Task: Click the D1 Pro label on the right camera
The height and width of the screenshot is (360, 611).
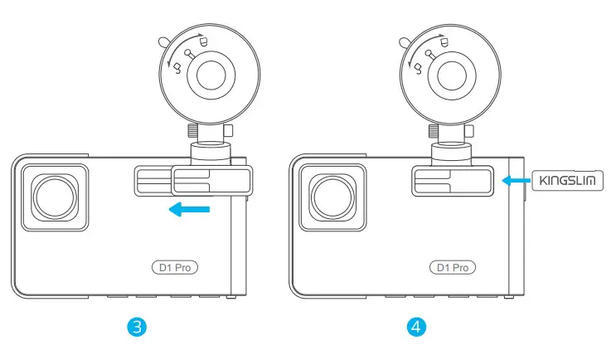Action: coord(453,267)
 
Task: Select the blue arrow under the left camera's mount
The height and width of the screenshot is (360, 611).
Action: coord(189,210)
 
